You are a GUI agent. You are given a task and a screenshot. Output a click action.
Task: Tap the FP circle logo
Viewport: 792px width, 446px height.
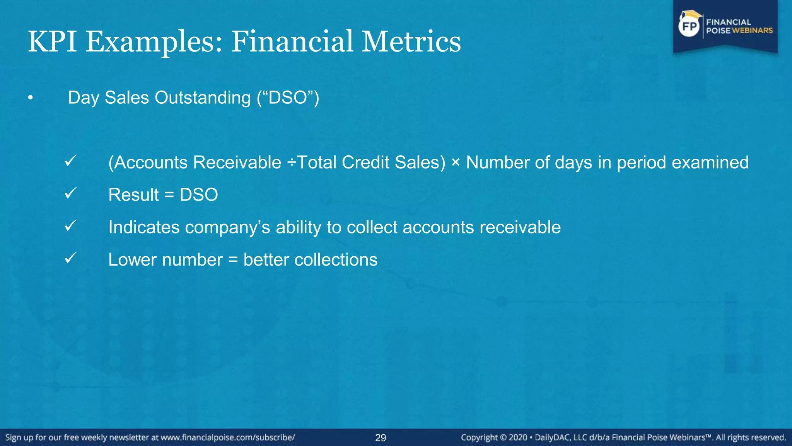(689, 26)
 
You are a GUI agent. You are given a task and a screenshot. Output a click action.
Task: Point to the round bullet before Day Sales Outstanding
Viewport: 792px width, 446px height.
(31, 98)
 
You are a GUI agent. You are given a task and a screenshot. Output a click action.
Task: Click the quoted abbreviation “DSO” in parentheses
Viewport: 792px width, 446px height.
(288, 98)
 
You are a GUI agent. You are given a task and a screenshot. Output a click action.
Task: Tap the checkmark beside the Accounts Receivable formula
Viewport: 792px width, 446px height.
(70, 161)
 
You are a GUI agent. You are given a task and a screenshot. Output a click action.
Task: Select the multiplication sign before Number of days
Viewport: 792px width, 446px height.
(456, 163)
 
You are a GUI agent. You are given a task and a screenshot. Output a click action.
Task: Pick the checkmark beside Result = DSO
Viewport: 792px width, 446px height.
(70, 193)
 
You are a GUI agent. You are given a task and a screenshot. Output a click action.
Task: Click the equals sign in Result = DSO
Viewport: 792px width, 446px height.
(169, 195)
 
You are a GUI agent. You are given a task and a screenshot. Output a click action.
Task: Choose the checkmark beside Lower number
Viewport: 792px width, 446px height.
(70, 258)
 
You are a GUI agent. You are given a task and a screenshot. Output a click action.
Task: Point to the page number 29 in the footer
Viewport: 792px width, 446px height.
(381, 438)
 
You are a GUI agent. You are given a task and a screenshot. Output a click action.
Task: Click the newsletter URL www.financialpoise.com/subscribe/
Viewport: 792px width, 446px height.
(228, 437)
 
